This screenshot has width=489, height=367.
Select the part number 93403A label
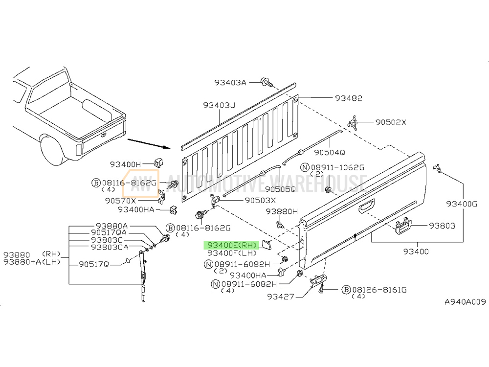(x=229, y=83)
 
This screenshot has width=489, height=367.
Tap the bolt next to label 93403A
(x=266, y=81)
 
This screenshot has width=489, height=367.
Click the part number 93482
(x=348, y=98)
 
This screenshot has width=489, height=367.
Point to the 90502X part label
(x=391, y=122)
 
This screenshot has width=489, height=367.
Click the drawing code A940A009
(x=465, y=302)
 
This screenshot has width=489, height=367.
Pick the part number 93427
(x=281, y=296)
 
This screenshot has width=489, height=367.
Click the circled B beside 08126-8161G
(x=345, y=290)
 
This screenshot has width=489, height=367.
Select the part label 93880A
(x=111, y=226)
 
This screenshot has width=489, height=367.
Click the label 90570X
(x=120, y=201)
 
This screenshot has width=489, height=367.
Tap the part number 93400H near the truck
(x=125, y=164)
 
